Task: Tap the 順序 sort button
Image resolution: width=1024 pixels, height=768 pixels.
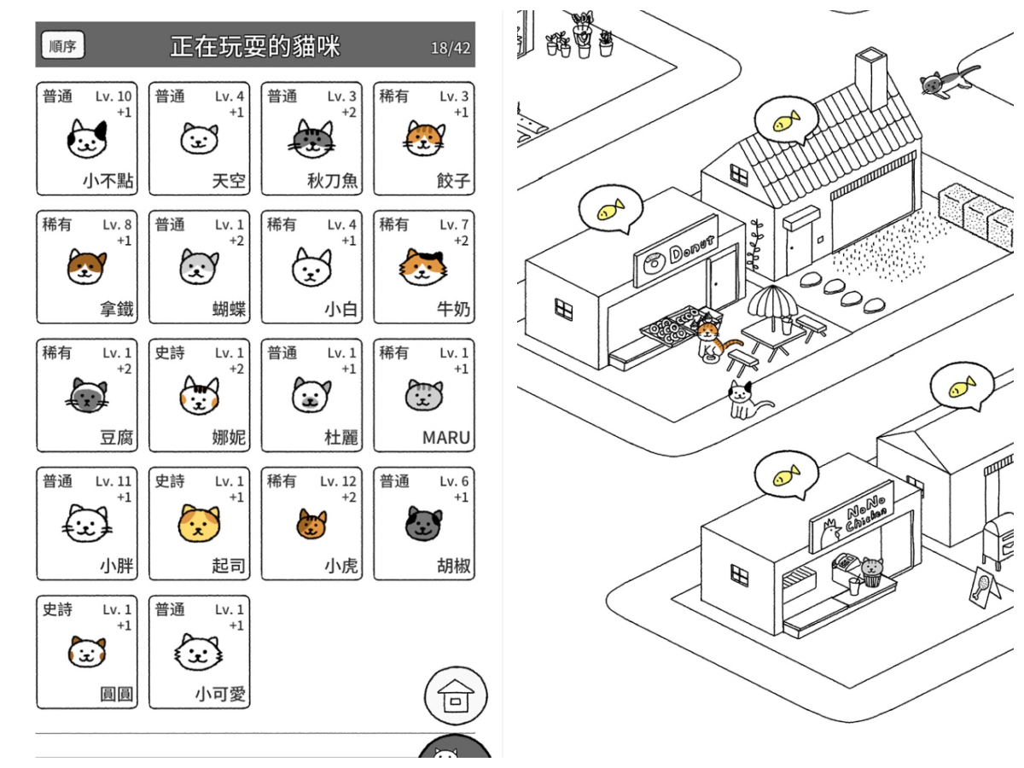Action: point(63,46)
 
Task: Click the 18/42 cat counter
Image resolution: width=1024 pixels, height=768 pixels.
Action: point(451,48)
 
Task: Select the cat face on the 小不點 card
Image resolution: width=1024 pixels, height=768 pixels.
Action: point(87,138)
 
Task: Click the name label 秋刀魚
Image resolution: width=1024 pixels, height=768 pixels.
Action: point(333,181)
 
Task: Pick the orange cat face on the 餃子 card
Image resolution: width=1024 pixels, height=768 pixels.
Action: point(424,138)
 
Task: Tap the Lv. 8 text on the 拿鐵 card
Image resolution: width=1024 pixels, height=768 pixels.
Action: point(117,224)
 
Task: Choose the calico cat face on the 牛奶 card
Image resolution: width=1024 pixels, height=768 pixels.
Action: point(424,267)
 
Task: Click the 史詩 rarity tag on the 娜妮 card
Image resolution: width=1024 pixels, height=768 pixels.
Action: point(169,352)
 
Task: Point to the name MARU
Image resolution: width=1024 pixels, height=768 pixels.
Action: point(446,438)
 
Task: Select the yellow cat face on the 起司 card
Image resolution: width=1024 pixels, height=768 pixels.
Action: point(199,523)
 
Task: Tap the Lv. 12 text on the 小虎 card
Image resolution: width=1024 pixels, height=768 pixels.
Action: point(338,481)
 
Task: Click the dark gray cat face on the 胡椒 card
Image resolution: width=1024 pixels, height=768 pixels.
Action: point(424,523)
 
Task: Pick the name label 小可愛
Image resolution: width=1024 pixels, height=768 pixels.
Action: point(220,695)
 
